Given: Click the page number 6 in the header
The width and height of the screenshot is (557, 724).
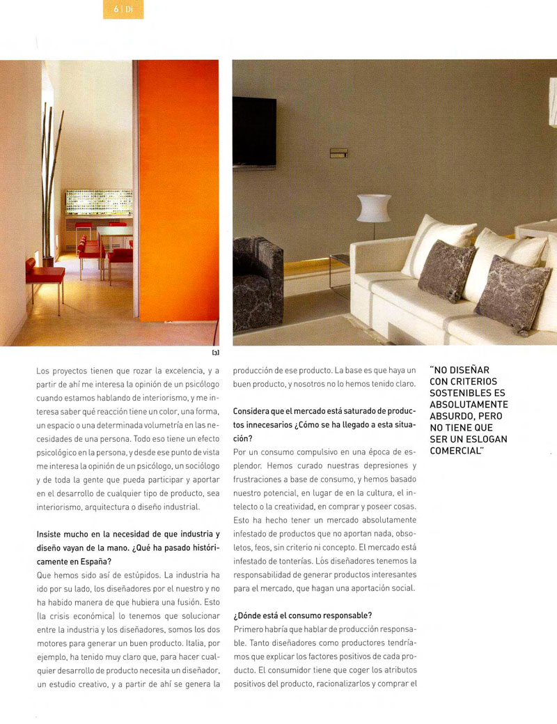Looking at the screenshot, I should click(x=115, y=9).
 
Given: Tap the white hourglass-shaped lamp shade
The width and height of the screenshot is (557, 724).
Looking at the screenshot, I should click(x=374, y=208).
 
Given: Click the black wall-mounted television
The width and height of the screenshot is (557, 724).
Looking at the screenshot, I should click(x=254, y=131).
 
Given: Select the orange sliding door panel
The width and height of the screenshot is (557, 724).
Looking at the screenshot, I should click(x=178, y=192).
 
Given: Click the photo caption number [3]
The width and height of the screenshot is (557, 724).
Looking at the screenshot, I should click(x=214, y=353).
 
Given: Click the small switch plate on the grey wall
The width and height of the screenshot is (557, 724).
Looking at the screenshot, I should click(x=339, y=153).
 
